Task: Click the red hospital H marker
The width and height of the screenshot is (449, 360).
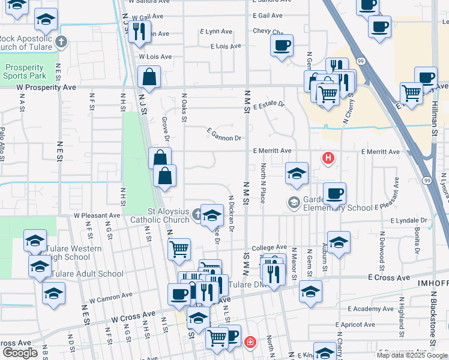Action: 328,158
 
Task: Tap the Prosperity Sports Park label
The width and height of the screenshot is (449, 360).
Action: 24,72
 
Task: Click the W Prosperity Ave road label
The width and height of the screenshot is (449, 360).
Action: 46,87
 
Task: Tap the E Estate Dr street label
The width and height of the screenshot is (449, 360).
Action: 268,105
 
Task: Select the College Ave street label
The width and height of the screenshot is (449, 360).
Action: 269,247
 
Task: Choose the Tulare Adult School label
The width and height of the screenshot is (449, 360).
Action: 88,274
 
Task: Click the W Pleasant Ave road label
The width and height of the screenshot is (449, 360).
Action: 97,215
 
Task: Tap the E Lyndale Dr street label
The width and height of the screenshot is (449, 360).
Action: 411,221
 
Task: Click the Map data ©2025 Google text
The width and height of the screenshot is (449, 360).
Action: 412,355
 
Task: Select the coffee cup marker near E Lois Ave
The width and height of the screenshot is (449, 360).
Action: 282,45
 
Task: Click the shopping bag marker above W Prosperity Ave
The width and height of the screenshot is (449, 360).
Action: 149,77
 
